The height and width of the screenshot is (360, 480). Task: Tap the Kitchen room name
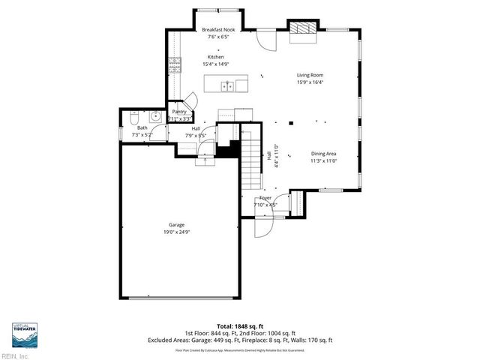coord(215,57)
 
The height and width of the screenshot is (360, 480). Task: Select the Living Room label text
coord(310,76)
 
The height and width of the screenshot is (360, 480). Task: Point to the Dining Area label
coord(323,153)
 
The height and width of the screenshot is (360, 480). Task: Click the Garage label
coord(176,225)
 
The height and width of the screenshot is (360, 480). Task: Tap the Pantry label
coord(179,111)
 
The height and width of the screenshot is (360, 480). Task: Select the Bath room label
coord(142,127)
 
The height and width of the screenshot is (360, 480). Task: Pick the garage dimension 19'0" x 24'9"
coord(176,232)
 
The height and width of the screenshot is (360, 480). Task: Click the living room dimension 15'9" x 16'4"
coord(310,83)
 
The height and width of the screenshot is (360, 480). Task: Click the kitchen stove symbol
coord(175,63)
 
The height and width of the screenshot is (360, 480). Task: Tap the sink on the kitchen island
coord(228,85)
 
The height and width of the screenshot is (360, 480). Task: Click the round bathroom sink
coord(155,116)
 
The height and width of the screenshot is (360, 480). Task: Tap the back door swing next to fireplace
coord(265,40)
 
